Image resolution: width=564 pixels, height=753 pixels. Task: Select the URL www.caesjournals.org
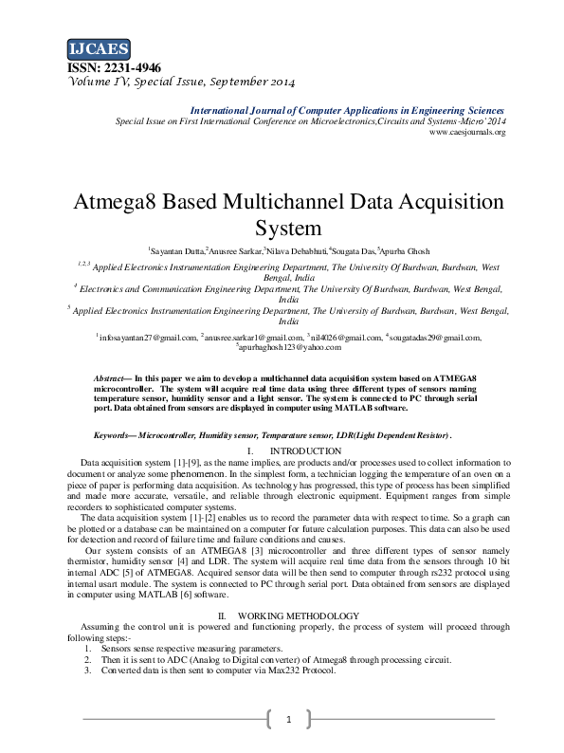(467, 132)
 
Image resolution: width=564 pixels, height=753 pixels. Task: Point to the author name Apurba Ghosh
(406, 251)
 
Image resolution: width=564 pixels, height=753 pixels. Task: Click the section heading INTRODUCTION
(305, 450)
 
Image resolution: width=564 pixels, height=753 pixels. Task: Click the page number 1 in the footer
(287, 720)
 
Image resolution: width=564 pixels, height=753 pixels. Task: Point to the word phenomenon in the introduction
(196, 472)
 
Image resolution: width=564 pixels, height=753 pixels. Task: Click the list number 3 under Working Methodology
(87, 670)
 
